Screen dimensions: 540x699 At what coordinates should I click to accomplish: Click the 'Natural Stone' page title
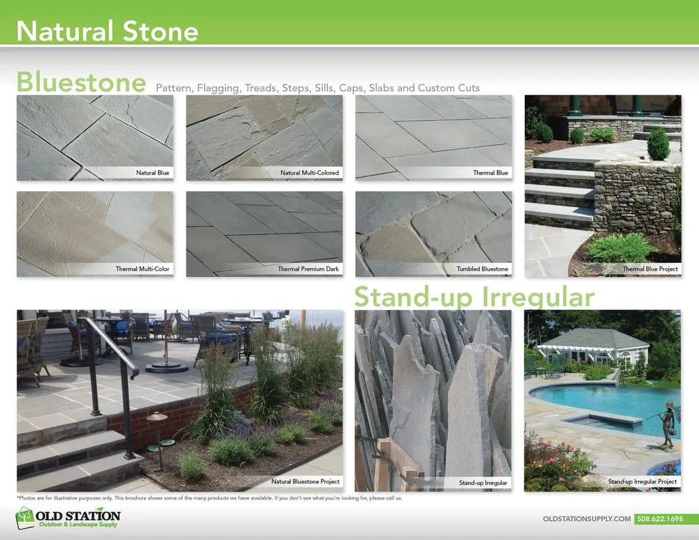tap(107, 31)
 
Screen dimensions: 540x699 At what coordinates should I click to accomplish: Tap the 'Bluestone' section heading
tap(81, 82)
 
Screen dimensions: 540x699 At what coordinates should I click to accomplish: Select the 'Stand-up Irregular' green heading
tap(474, 297)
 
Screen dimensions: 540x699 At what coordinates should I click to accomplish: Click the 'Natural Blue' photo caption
tap(152, 172)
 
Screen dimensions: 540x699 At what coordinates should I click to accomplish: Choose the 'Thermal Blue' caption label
tap(490, 172)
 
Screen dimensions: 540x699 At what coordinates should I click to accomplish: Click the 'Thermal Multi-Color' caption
tap(143, 269)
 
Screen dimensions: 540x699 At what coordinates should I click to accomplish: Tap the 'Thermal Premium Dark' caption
tap(308, 269)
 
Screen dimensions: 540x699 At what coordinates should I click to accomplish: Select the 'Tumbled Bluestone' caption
tap(483, 269)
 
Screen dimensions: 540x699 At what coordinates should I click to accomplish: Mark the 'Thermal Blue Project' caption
tap(650, 269)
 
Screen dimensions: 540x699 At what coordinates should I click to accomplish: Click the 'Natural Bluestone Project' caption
tap(305, 482)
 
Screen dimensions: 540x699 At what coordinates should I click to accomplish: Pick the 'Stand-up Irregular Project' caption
tap(642, 482)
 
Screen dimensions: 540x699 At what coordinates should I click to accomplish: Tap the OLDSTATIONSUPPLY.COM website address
tap(586, 519)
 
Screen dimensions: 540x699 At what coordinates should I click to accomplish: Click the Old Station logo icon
tap(25, 519)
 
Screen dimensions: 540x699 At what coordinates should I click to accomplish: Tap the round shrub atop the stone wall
tap(658, 144)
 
